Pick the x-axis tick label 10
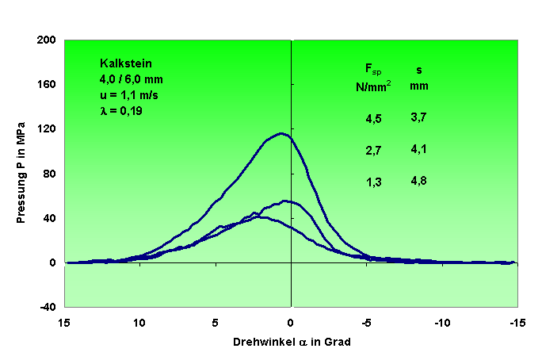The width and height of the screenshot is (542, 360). tap(139, 323)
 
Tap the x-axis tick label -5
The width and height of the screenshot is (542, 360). tap(365, 323)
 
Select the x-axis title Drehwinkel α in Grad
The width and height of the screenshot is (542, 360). tap(292, 343)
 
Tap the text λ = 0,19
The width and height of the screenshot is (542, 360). tap(121, 111)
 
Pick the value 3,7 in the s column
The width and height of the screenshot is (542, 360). tap(419, 117)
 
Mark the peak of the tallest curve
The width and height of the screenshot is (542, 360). tap(281, 133)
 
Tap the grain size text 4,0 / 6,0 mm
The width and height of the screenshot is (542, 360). tap(131, 79)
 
